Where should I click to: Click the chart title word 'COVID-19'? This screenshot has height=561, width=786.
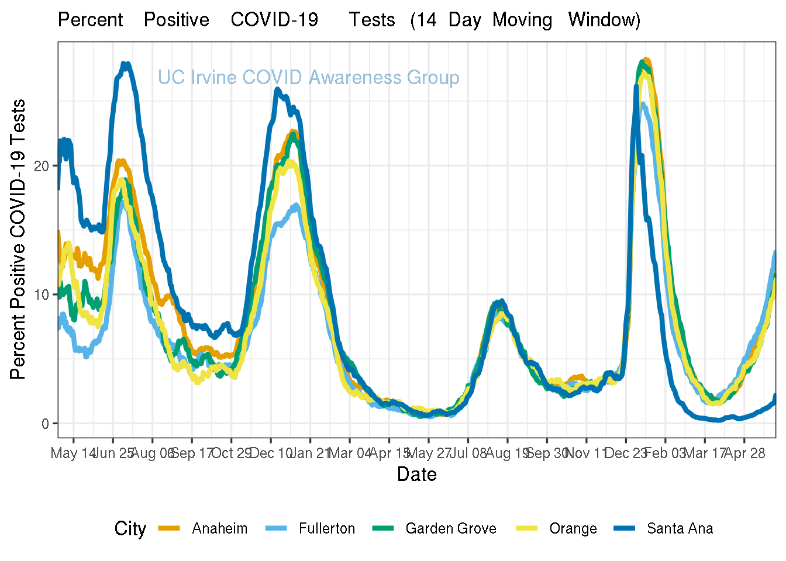pyautogui.click(x=274, y=20)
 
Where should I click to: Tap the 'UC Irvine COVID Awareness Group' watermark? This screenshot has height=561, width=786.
pyautogui.click(x=308, y=78)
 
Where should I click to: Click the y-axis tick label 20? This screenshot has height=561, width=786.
pyautogui.click(x=42, y=166)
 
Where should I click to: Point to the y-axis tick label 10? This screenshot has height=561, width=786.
pyautogui.click(x=42, y=295)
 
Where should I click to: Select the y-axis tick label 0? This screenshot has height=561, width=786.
pyautogui.click(x=46, y=424)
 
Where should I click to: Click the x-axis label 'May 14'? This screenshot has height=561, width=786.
pyautogui.click(x=73, y=453)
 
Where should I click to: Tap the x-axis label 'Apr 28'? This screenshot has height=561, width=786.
pyautogui.click(x=744, y=453)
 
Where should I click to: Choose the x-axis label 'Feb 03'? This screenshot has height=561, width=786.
pyautogui.click(x=666, y=453)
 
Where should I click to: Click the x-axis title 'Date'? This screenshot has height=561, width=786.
pyautogui.click(x=416, y=474)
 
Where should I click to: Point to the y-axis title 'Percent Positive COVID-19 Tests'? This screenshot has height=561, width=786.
pyautogui.click(x=18, y=239)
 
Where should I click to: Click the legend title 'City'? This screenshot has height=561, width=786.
pyautogui.click(x=130, y=529)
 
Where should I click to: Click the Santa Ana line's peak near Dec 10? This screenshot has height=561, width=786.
pyautogui.click(x=278, y=89)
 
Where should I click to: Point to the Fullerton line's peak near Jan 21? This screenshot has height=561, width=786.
pyautogui.click(x=297, y=205)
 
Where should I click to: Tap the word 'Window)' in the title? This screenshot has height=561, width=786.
pyautogui.click(x=604, y=20)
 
